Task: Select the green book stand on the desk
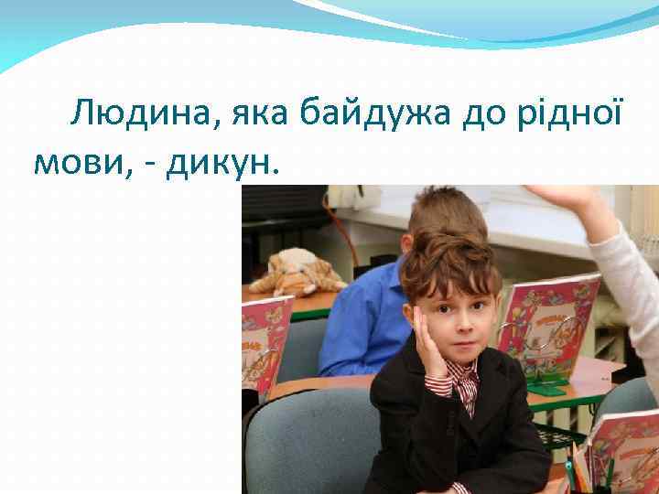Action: point(547,384)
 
